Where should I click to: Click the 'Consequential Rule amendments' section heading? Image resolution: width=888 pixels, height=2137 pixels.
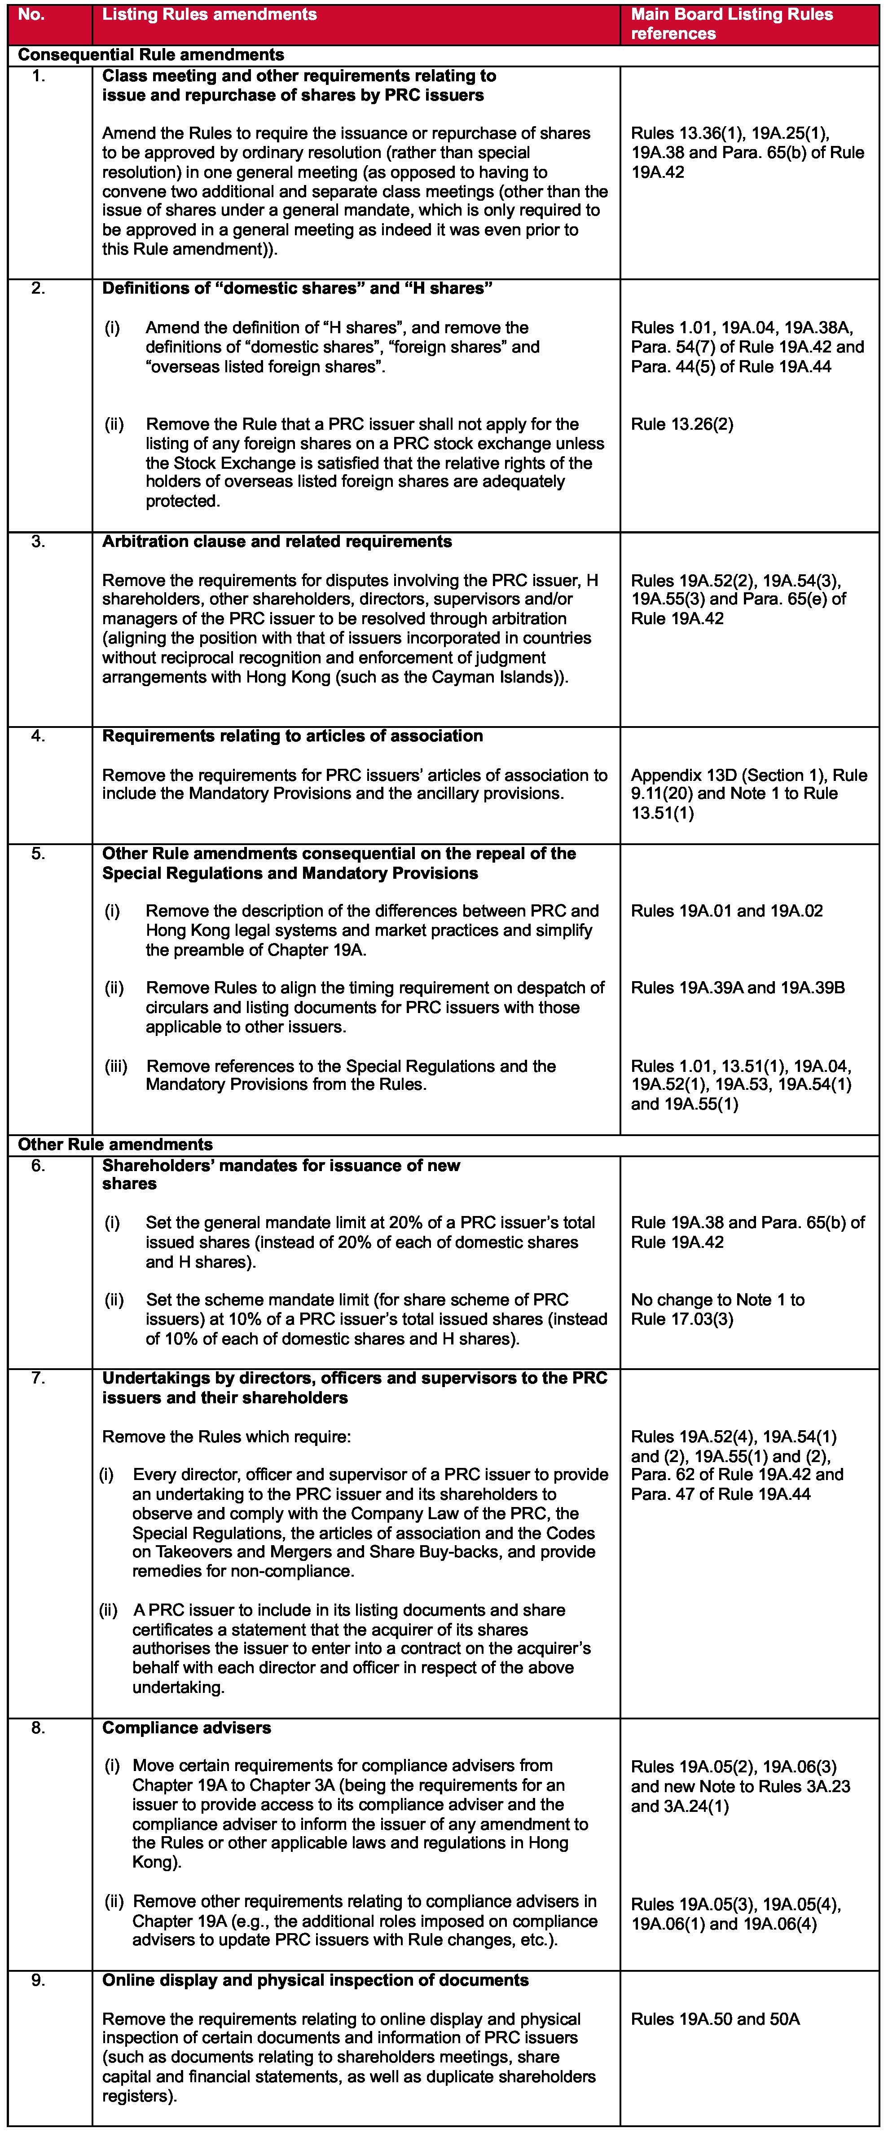[151, 55]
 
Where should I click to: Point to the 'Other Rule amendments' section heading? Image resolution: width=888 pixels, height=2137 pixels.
[115, 1145]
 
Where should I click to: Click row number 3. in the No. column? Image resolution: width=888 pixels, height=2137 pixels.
[38, 542]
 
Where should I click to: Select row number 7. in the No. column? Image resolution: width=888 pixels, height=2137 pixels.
[38, 1378]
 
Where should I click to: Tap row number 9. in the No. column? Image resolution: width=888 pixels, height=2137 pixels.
[38, 1980]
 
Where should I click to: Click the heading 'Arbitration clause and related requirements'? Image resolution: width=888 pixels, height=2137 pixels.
[277, 542]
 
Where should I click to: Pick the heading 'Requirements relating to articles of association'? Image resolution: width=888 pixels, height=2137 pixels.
[292, 736]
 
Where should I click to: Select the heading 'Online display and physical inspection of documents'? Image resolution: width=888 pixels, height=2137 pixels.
[315, 1980]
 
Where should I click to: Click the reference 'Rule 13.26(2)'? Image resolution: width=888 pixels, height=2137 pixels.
[681, 425]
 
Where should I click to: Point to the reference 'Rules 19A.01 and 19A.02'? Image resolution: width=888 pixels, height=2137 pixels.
[726, 911]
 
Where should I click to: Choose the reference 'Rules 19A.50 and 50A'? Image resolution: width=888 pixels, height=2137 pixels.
[715, 2019]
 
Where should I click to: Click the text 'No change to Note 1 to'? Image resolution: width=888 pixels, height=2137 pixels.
[717, 1300]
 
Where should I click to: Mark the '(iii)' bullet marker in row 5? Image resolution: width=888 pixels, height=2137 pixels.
[116, 1066]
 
